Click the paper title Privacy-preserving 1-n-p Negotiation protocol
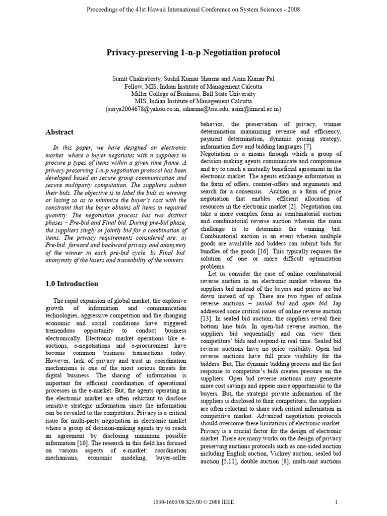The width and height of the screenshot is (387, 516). [x=193, y=52]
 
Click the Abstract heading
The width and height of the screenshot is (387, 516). [x=60, y=132]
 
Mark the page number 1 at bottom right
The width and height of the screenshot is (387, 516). [x=336, y=502]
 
